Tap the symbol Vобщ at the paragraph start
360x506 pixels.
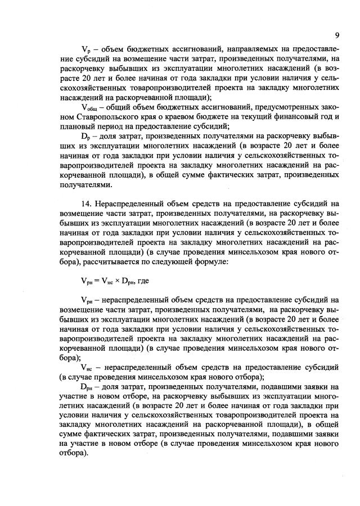89,107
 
